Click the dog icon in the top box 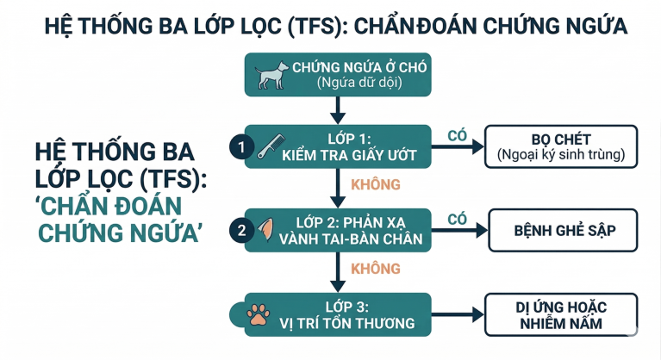271,75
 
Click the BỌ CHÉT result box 561,146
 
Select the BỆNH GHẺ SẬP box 564,230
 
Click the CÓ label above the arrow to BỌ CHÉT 458,135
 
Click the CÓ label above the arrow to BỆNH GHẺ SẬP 458,219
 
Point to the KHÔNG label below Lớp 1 376,184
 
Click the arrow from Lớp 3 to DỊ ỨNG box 457,316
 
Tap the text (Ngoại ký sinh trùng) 561,156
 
